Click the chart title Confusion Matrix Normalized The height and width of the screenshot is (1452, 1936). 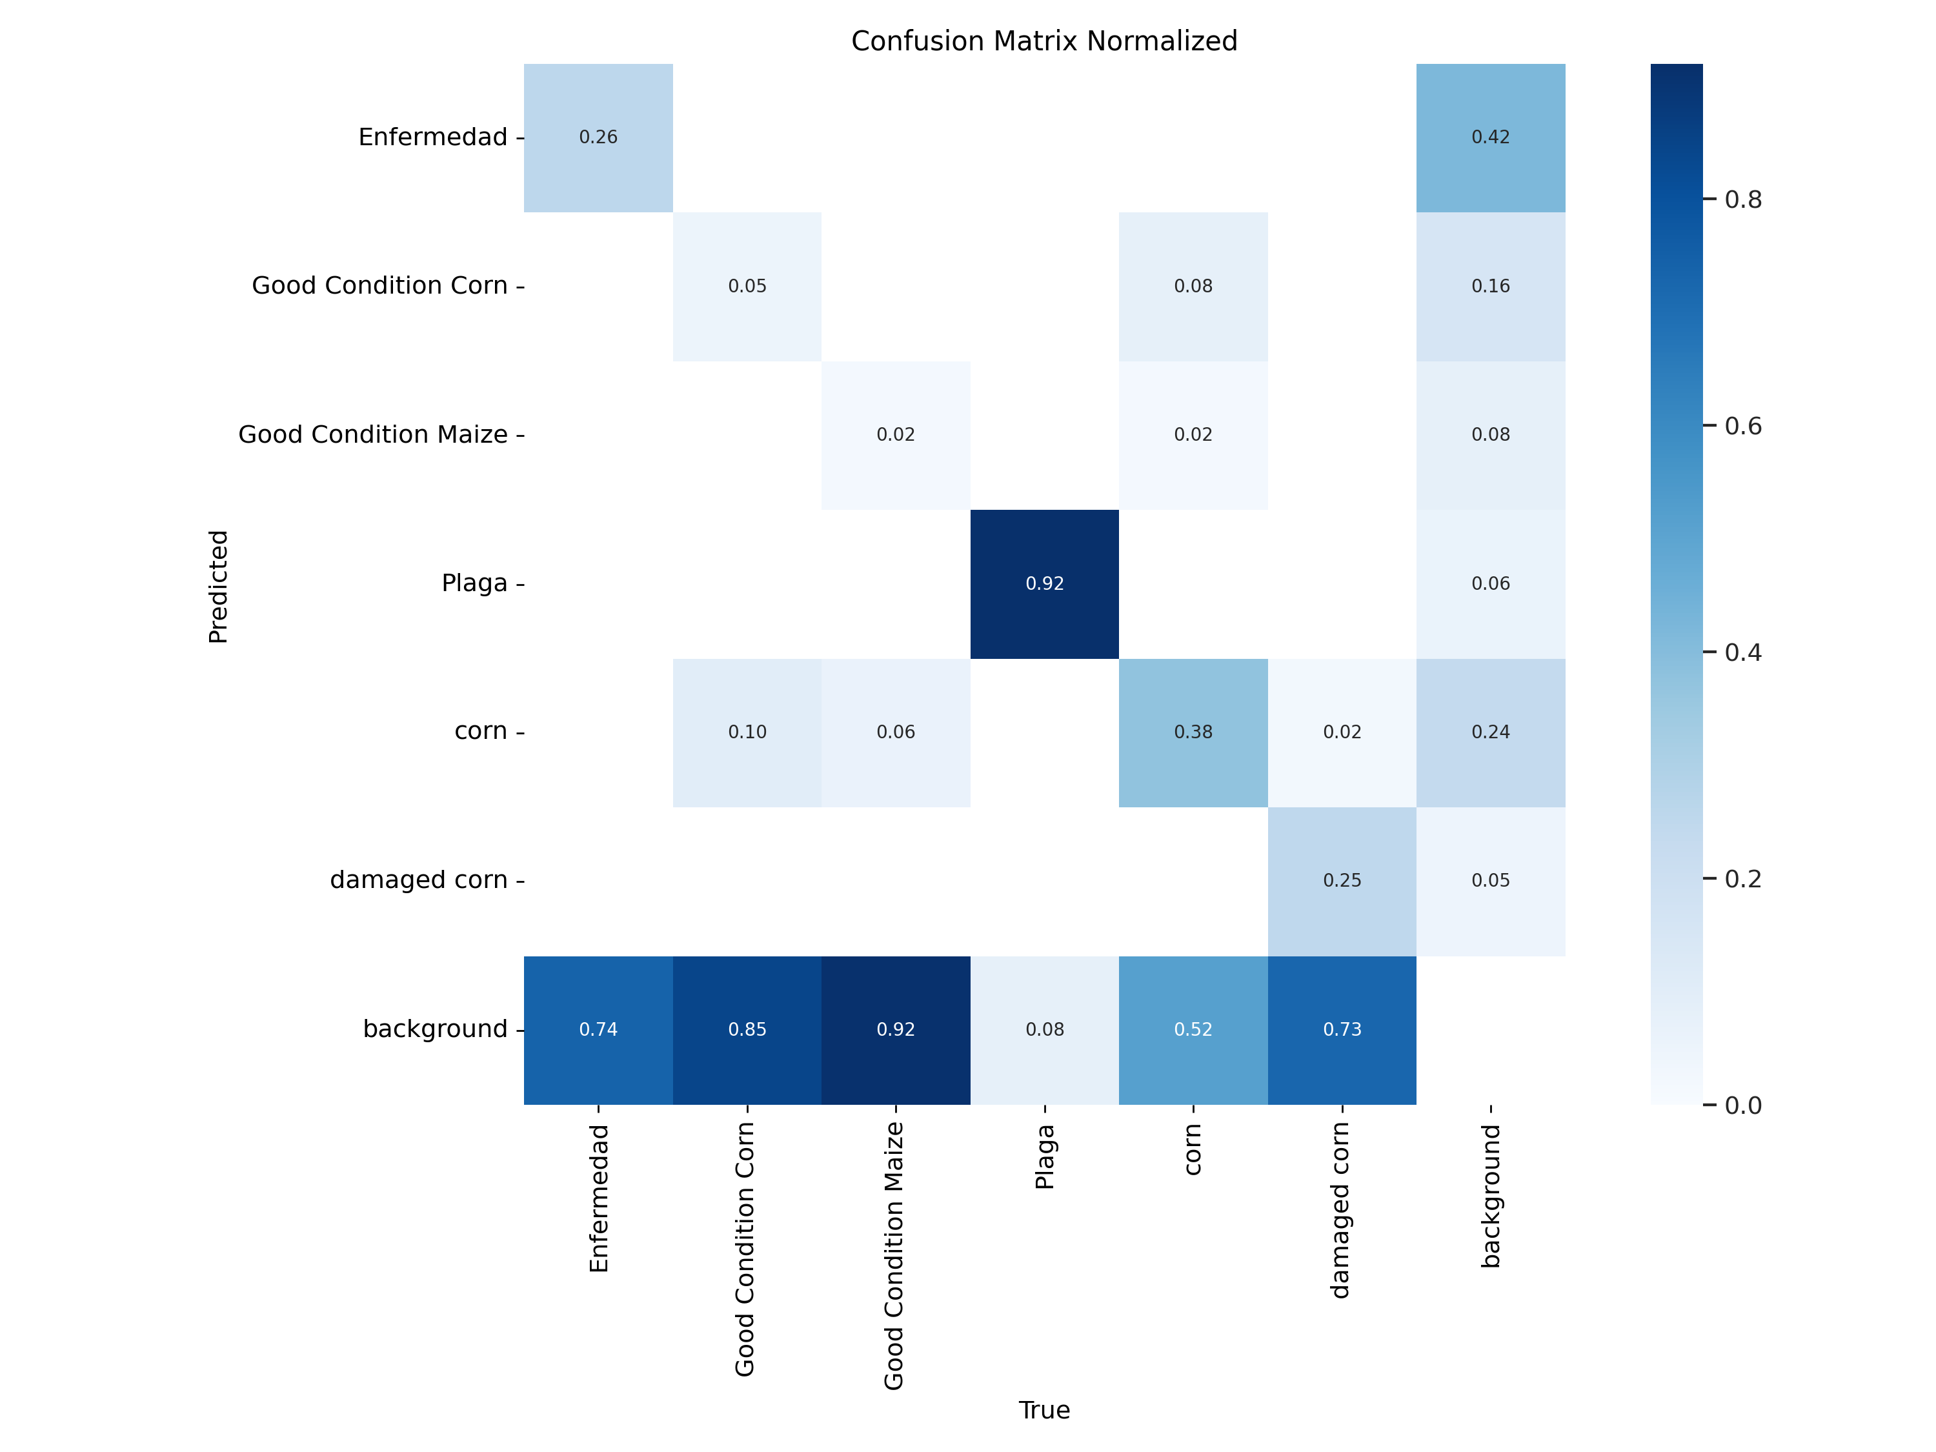[x=1044, y=41]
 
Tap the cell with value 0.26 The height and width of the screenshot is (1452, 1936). [x=598, y=137]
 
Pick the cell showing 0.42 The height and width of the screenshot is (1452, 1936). [x=1491, y=137]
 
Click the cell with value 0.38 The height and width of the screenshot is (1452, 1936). [x=1193, y=732]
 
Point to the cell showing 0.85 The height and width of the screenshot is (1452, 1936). [x=747, y=1030]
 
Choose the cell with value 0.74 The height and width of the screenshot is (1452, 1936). [x=598, y=1030]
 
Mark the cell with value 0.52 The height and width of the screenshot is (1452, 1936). [x=1193, y=1030]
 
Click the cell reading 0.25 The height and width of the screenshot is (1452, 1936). [x=1342, y=880]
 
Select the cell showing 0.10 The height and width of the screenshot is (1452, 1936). [x=747, y=732]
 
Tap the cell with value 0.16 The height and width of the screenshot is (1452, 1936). [x=1491, y=286]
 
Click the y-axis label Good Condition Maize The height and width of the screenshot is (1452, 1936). [x=373, y=434]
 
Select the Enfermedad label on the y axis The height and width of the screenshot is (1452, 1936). [x=432, y=137]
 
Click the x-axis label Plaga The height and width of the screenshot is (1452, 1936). [x=1044, y=1157]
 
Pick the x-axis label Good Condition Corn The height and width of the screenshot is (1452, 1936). [x=745, y=1250]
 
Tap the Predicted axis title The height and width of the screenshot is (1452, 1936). [x=218, y=587]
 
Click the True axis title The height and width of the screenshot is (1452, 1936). [x=1044, y=1410]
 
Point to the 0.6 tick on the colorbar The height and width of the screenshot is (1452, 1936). [x=1742, y=426]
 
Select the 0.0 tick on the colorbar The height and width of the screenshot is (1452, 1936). [x=1742, y=1105]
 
